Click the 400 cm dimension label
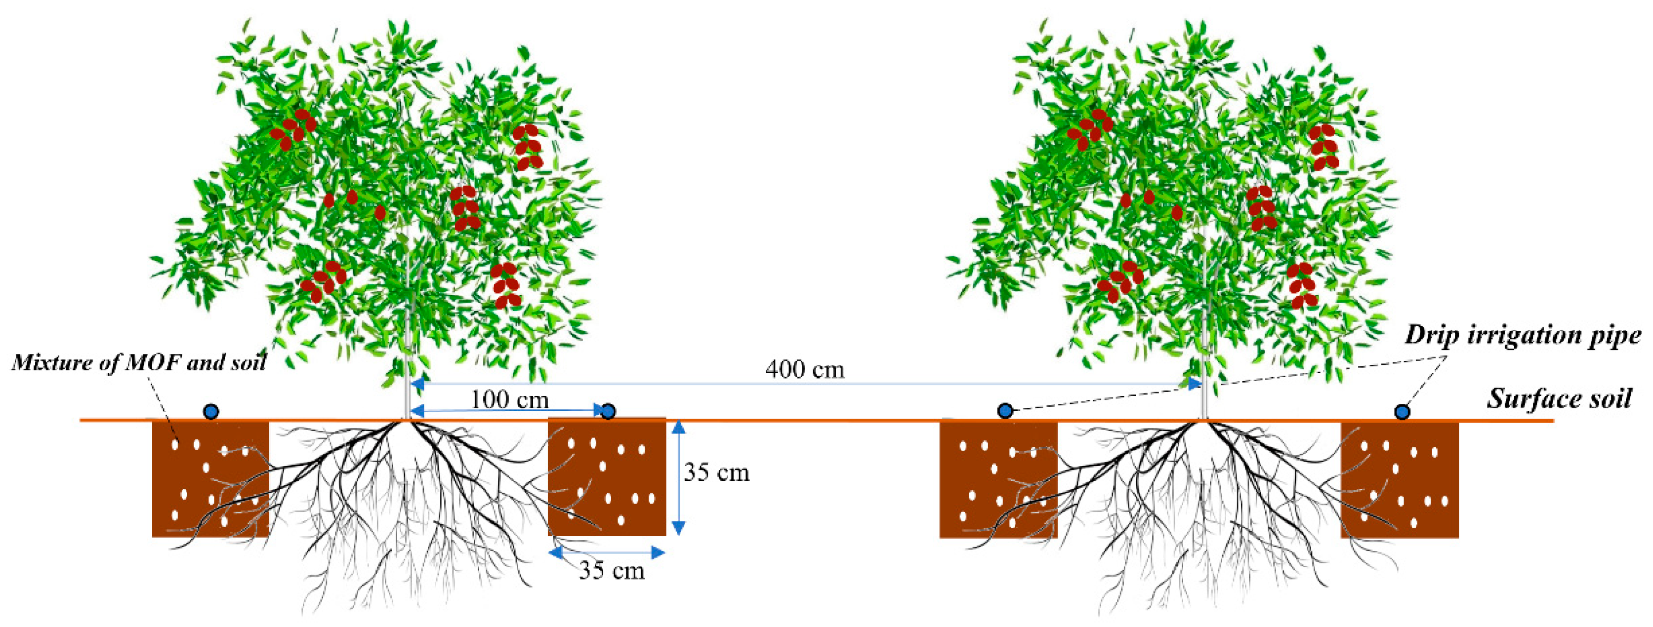click(x=805, y=370)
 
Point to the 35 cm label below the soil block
click(x=612, y=570)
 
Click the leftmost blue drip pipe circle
click(x=211, y=412)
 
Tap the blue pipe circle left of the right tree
click(x=1005, y=411)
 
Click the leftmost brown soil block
click(x=210, y=479)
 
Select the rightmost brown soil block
click(x=1400, y=479)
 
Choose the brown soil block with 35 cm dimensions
click(x=606, y=477)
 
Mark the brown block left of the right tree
click(x=998, y=479)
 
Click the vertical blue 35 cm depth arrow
click(x=678, y=477)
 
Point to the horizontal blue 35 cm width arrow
click(x=606, y=552)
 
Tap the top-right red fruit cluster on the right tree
click(x=1323, y=147)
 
